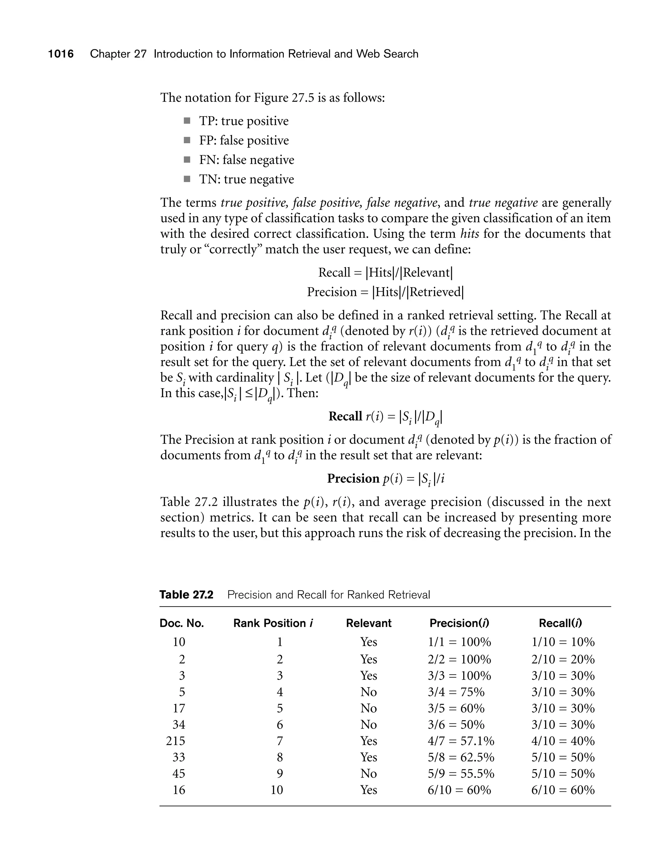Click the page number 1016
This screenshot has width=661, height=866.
(61, 54)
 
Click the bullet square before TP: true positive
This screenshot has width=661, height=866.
(187, 121)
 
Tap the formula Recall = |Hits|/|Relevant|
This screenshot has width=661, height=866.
(385, 273)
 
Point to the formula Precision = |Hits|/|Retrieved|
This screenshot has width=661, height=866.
(385, 292)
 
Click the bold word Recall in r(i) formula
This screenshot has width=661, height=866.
(345, 416)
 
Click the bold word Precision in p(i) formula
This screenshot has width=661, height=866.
(353, 478)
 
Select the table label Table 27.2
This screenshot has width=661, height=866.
(186, 595)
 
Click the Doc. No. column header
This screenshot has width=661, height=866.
(181, 623)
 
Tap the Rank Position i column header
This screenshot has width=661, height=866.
(273, 623)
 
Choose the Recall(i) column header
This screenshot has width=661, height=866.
(560, 623)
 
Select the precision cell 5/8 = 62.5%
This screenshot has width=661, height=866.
(461, 758)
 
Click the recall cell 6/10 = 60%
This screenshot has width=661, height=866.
(563, 790)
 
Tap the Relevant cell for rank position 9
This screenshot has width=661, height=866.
(369, 774)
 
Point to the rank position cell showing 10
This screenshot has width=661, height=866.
(277, 790)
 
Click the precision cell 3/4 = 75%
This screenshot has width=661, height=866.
(456, 692)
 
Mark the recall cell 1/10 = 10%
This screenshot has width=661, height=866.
(563, 642)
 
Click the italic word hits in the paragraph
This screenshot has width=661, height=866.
(469, 234)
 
